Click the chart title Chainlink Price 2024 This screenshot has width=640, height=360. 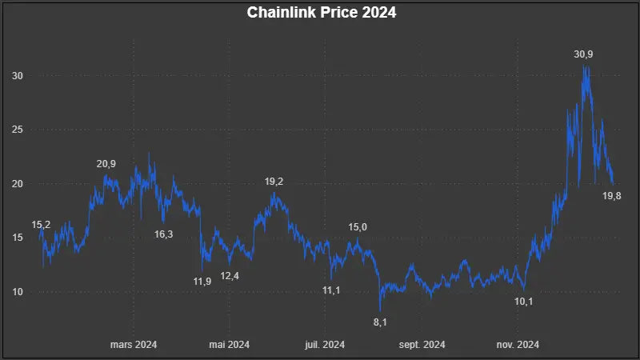pos(322,13)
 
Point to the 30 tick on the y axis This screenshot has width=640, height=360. pos(18,75)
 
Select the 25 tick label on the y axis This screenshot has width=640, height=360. pos(18,130)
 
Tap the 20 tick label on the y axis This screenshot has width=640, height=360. pos(18,184)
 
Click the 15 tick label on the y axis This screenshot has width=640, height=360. pos(18,238)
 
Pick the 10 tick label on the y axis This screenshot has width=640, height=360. pos(18,292)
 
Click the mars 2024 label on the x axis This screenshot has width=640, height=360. pos(133,345)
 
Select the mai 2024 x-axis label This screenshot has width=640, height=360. pos(230,345)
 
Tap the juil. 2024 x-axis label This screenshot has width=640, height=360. pos(326,345)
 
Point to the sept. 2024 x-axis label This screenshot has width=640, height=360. pos(422,345)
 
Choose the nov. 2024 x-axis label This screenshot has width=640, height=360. pos(518,345)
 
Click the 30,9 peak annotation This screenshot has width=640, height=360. pos(583,54)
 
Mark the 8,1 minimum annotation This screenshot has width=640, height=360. pos(380,322)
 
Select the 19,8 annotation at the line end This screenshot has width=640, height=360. pos(612,196)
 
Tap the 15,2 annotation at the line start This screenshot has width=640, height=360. pos(41,226)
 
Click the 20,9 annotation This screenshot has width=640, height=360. pos(106,164)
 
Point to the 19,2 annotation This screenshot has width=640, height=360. pos(274,182)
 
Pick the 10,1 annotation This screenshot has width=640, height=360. pos(523,301)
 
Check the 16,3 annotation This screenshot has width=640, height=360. pos(163,234)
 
